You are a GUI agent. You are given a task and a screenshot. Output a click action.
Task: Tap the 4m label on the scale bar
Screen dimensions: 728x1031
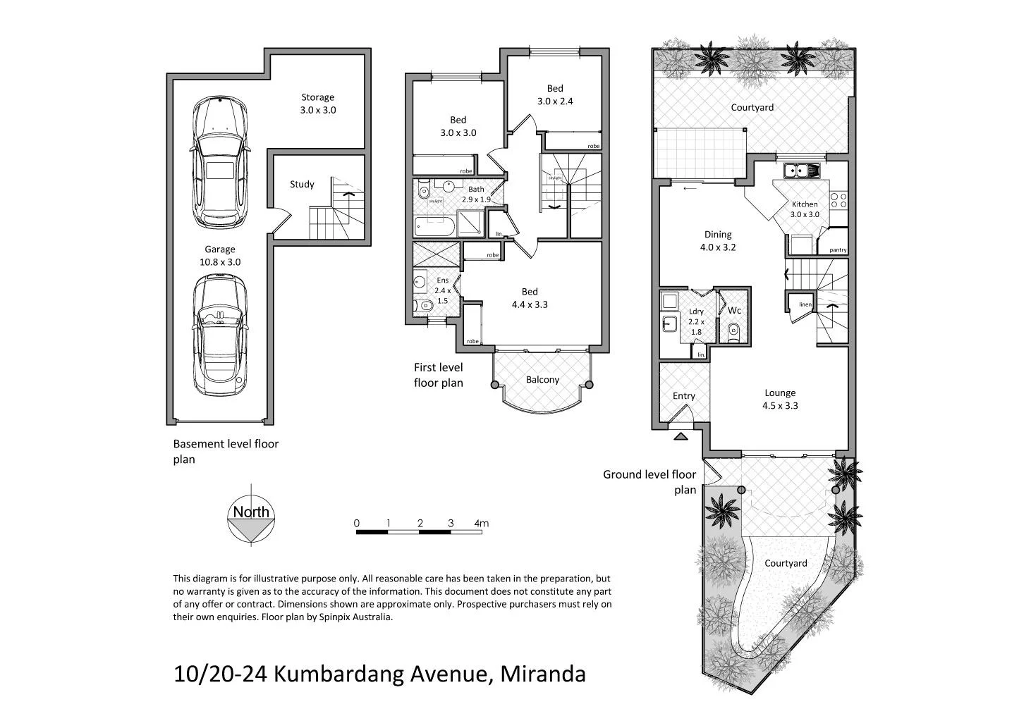coord(482,524)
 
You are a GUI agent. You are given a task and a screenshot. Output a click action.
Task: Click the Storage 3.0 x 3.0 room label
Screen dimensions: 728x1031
coord(318,104)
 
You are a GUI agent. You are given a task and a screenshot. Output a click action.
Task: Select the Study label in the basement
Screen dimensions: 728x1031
coord(302,185)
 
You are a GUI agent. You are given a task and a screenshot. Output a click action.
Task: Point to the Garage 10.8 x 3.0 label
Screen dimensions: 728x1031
coord(220,255)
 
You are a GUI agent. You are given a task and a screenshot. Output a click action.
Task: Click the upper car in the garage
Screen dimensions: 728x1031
coord(220,162)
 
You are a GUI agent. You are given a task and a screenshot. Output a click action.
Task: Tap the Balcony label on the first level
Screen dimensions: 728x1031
coord(542,380)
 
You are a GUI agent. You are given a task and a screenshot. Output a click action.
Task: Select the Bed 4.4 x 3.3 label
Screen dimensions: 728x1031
coord(530,298)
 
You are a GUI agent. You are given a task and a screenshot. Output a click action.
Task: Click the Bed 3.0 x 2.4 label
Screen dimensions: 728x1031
coord(555,94)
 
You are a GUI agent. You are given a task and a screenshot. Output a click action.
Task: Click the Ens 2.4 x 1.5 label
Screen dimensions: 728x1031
coord(442,290)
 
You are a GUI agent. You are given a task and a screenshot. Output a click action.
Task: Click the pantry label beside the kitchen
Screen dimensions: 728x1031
coord(838,250)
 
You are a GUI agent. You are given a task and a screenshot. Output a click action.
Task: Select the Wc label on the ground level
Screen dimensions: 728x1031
coord(734,311)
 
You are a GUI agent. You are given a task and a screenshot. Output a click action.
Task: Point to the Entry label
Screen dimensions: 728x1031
coord(683,396)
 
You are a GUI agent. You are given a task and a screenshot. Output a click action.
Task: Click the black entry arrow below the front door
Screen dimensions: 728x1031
coord(681,437)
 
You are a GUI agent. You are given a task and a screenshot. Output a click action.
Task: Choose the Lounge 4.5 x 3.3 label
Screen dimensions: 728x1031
coord(780,399)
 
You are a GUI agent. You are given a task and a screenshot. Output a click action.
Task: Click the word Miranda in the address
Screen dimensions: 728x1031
coord(543,674)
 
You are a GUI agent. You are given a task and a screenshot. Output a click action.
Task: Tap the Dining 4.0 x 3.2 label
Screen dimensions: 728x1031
coord(718,241)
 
